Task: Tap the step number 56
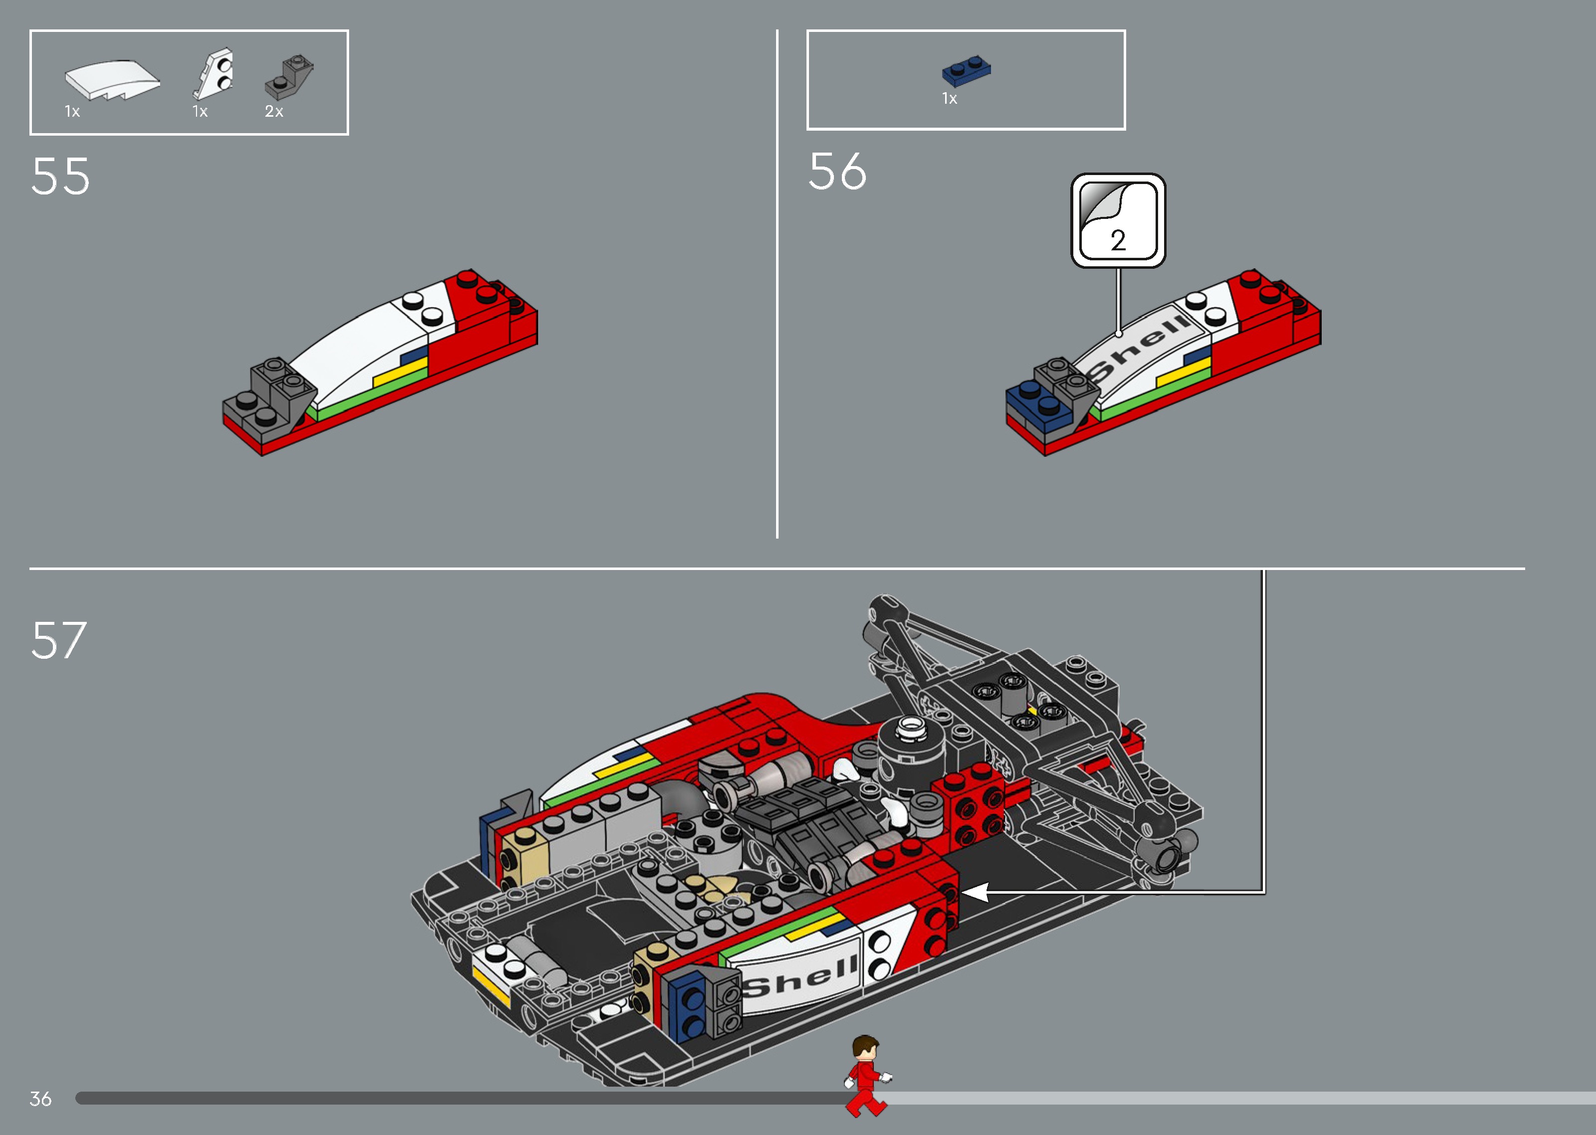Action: [837, 172]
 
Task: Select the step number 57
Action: [59, 640]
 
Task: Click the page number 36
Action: [40, 1099]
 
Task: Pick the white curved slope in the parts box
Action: [112, 79]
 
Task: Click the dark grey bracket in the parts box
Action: [289, 77]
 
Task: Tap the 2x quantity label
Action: [274, 112]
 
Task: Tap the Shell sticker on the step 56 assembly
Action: [1139, 346]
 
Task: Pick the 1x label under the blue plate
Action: [950, 99]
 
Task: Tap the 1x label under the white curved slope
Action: [72, 112]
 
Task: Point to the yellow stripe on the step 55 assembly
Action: [399, 373]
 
